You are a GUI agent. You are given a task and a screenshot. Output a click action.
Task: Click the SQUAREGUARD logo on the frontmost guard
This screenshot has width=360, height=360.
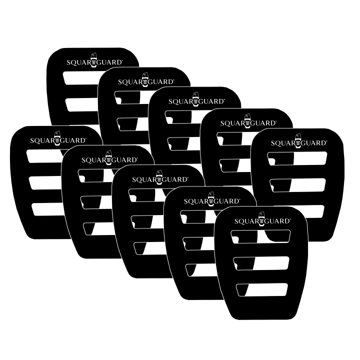point(261,220)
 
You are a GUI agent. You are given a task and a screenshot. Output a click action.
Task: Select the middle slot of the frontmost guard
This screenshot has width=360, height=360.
point(262,262)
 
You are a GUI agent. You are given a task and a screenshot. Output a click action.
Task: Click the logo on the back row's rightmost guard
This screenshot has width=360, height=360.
point(299,142)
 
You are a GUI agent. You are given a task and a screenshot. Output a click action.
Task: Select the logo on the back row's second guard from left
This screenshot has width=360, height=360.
point(146,81)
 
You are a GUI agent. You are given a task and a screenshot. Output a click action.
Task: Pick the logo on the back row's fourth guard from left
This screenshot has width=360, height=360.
point(248,122)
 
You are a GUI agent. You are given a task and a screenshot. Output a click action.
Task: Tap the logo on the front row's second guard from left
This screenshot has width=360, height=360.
point(109,160)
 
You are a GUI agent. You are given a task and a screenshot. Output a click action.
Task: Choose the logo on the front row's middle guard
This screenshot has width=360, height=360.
point(159,179)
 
